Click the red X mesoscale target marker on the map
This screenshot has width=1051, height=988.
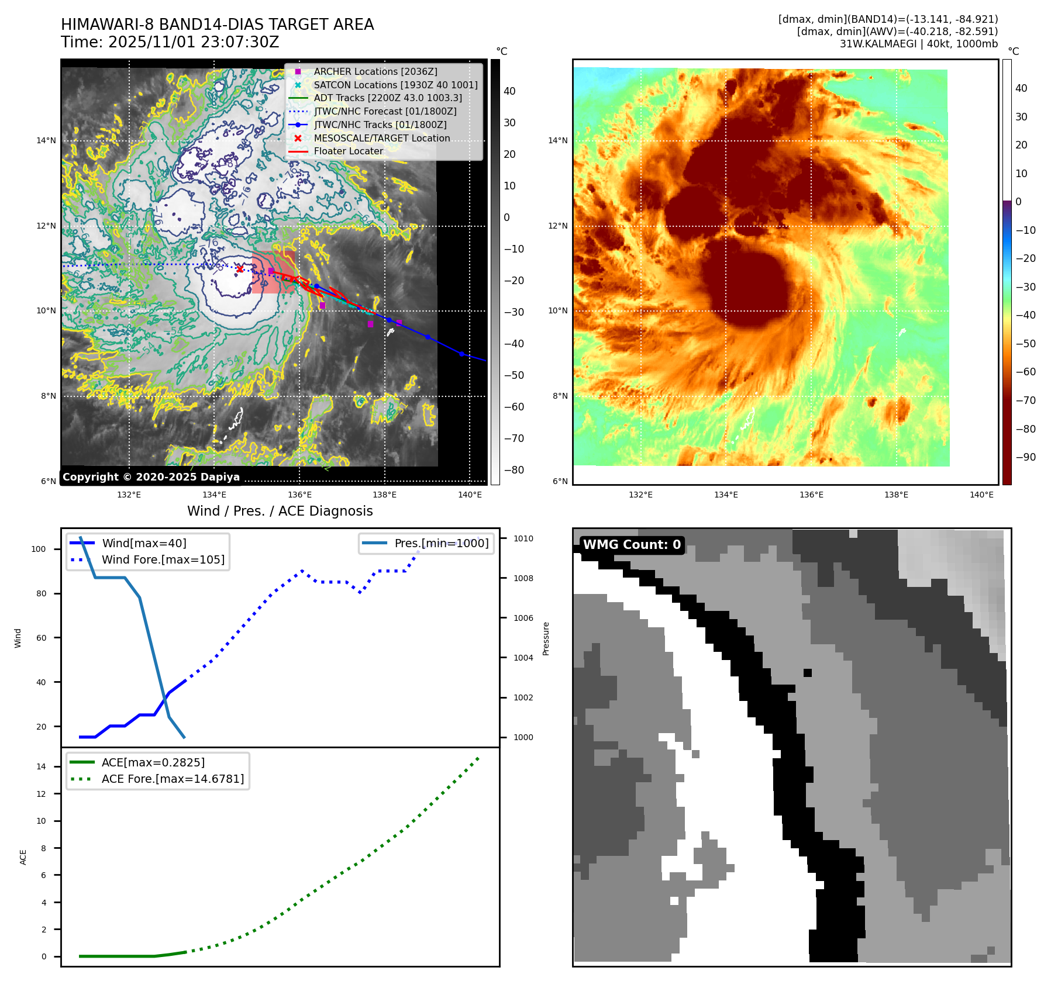click(240, 269)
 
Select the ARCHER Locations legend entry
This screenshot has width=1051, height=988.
click(375, 71)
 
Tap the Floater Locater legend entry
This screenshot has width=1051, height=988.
click(348, 151)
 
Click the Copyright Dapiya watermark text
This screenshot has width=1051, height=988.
click(151, 477)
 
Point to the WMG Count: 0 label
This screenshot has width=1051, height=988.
click(632, 545)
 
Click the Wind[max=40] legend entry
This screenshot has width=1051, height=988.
click(144, 543)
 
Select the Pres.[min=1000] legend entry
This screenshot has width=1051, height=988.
click(441, 543)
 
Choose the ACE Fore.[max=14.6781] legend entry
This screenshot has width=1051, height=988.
click(173, 779)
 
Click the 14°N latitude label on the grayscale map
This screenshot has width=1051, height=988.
click(46, 140)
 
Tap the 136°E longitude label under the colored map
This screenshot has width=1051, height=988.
click(811, 495)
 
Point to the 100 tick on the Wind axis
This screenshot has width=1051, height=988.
click(39, 549)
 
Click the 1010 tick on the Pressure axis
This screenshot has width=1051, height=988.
click(523, 538)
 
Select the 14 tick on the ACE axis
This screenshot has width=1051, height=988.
click(41, 766)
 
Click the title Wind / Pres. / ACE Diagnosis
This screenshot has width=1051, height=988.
click(280, 511)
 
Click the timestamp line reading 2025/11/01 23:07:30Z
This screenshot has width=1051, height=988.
click(170, 42)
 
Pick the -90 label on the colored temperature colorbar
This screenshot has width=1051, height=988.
click(1025, 457)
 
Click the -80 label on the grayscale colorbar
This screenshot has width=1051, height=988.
click(514, 470)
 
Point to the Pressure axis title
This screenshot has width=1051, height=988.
click(546, 638)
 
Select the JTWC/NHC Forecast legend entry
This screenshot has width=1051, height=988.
click(385, 111)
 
